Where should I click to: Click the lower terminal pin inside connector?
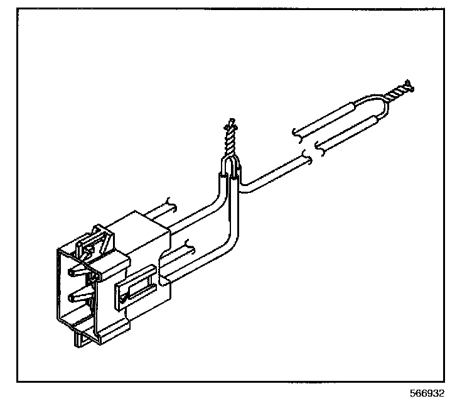(78, 295)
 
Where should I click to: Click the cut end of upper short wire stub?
(171, 204)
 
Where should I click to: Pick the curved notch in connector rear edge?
(164, 258)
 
